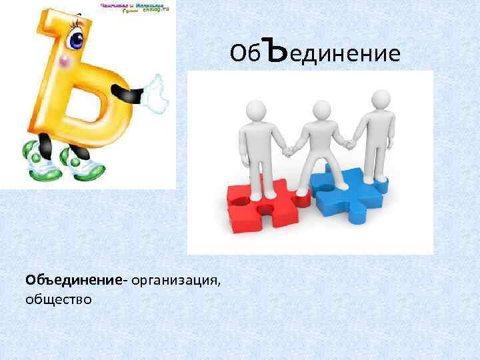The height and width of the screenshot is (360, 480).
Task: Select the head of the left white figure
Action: pos(257,111)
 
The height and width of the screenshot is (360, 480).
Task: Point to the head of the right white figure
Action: pos(381,100)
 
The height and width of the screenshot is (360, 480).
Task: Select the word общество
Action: pos(59,299)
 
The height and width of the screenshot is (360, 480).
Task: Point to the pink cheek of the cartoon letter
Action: pos(64,63)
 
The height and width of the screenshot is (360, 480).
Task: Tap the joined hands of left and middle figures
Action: pos(289,151)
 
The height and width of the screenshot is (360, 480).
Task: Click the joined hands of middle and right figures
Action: pos(349,142)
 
